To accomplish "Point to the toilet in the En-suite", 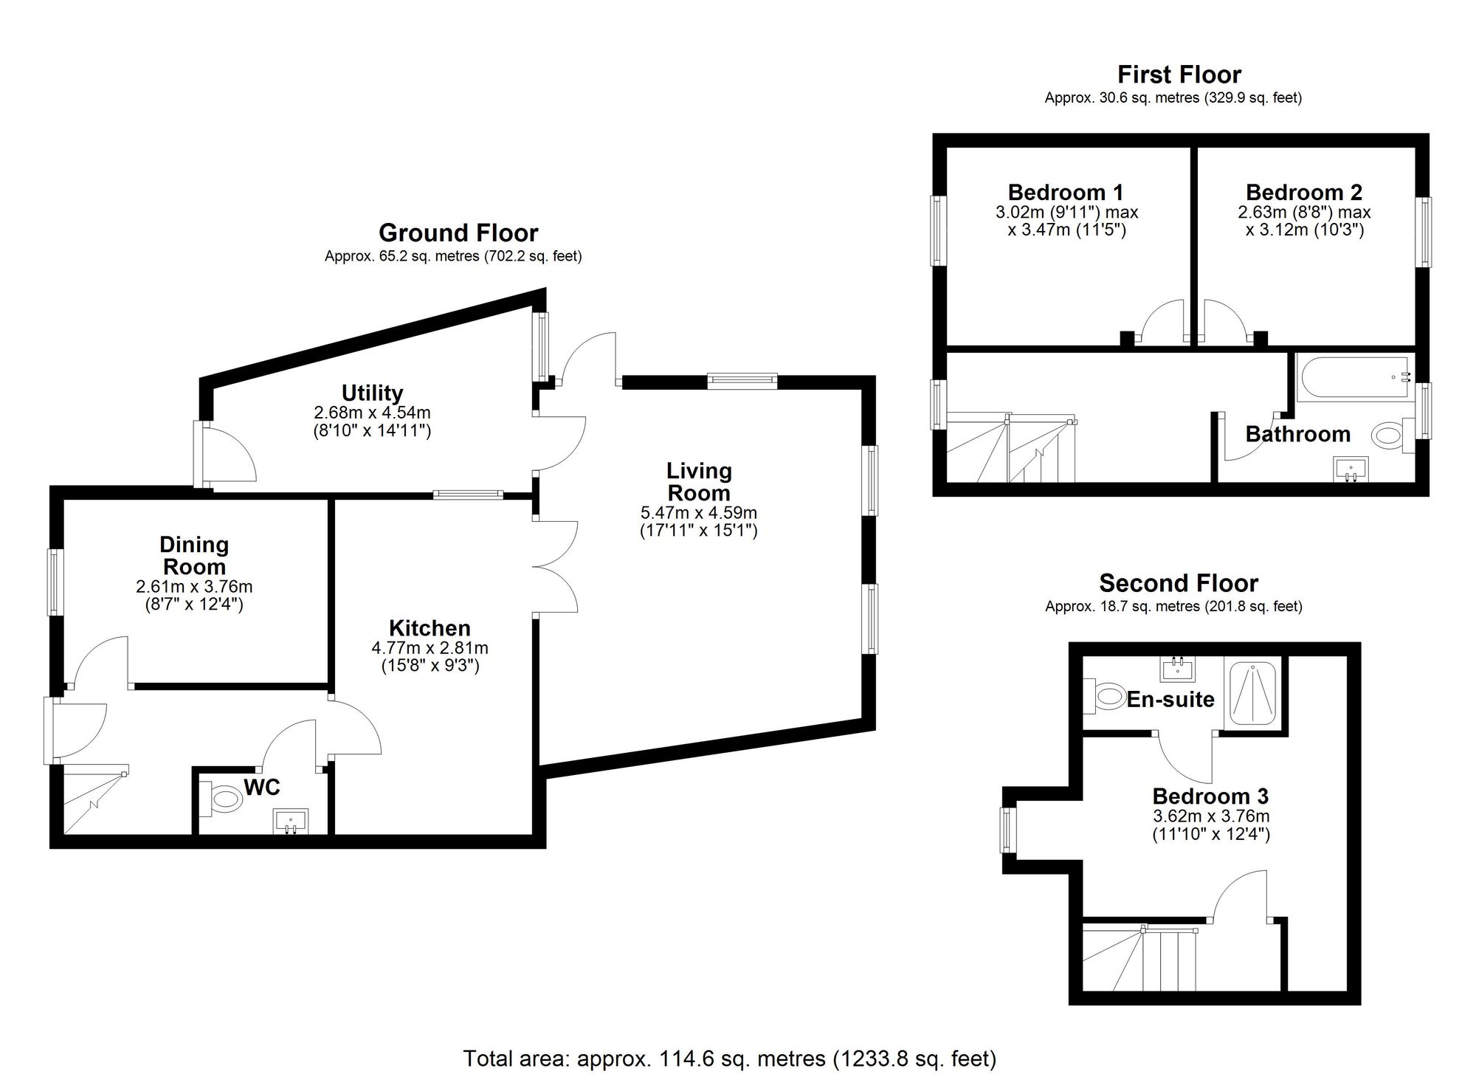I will coord(1107,695).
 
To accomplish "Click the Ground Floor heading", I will coord(458,233).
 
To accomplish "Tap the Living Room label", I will coord(698,481).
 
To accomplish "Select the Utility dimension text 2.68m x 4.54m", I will coord(372,412).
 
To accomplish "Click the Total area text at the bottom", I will coord(729,1058).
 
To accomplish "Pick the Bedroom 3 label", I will coord(1210,796).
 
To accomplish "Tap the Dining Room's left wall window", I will coord(55,582).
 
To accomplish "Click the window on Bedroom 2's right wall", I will coord(1424,232).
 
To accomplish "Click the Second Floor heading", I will coord(1178,583).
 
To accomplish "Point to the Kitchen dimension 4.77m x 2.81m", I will coord(430,648).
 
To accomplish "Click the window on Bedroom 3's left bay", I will coord(1008,830).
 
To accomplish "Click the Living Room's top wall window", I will coord(742,381).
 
